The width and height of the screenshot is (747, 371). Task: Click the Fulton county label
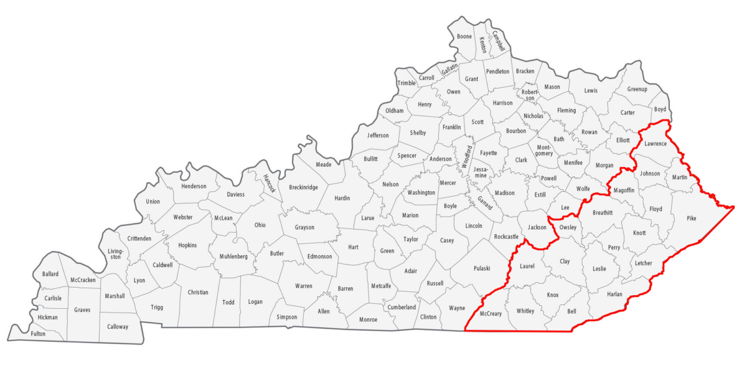39,334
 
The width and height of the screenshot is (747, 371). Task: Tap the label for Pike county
692,218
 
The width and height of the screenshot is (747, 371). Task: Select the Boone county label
464,37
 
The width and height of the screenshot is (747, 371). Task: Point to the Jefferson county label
378,135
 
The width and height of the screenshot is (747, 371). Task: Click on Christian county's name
198,292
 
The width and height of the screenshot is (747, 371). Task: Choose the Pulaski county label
482,268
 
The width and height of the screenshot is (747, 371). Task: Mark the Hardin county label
342,198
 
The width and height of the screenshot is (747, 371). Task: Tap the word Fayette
489,153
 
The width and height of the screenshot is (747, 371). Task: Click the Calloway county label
117,326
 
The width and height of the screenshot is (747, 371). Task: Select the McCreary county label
491,314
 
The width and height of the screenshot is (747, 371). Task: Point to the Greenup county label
637,89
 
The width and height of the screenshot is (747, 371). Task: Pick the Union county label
153,201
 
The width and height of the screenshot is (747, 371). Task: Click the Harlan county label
614,294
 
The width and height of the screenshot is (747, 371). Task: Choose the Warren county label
303,286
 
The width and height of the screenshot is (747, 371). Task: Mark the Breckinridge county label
304,187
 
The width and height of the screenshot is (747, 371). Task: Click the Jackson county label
537,227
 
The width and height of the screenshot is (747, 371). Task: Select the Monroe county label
368,319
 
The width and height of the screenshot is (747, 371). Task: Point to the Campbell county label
498,41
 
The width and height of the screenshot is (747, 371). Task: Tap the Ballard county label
50,274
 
